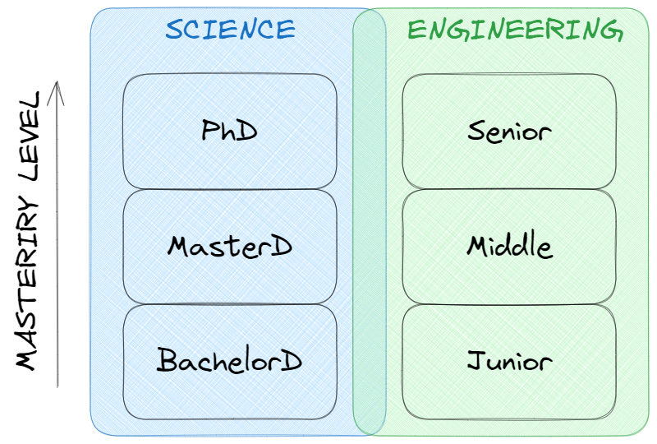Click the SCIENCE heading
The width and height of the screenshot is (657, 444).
coord(230,30)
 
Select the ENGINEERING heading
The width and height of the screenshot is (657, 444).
coord(515,30)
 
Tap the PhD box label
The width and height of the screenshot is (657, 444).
coord(230,131)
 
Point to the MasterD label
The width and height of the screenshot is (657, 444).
coord(230,246)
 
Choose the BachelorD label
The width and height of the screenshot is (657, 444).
coord(230,360)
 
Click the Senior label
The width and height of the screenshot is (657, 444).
coord(509,131)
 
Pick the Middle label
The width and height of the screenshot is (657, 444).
coord(509,246)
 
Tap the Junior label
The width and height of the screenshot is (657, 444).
coord(509,360)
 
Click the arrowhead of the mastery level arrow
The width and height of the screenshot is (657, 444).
coord(57,85)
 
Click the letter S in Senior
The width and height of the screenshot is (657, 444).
coord(476,131)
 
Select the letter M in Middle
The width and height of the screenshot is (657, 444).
coord(479,246)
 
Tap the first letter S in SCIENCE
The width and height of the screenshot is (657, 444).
coord(174,30)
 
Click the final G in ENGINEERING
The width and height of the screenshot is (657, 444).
coord(610,31)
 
